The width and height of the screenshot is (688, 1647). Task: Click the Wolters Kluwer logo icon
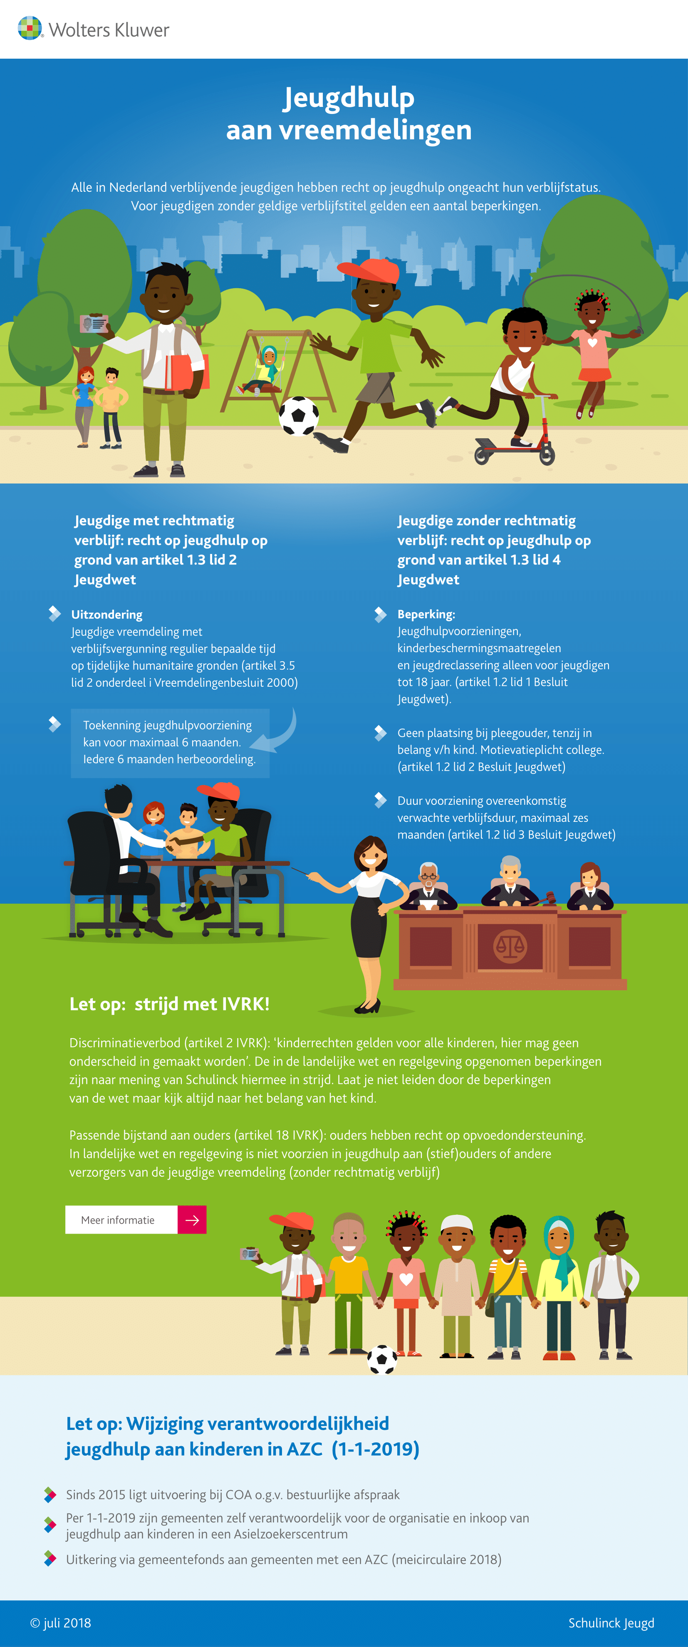(x=30, y=28)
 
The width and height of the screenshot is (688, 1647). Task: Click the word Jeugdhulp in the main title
(x=349, y=98)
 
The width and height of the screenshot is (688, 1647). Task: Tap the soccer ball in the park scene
(x=299, y=415)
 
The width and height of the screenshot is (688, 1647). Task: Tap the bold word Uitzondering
(x=107, y=614)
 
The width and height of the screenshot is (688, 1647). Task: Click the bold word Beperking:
(x=426, y=614)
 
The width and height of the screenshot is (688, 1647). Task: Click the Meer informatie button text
(x=118, y=1220)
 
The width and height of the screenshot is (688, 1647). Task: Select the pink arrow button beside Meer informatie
(x=192, y=1220)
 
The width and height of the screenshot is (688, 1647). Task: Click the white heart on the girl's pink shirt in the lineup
(x=406, y=1279)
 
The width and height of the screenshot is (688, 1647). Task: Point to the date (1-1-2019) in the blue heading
(x=375, y=1449)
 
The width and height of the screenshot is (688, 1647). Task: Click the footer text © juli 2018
(x=61, y=1623)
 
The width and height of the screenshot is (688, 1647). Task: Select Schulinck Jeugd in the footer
(x=611, y=1623)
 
